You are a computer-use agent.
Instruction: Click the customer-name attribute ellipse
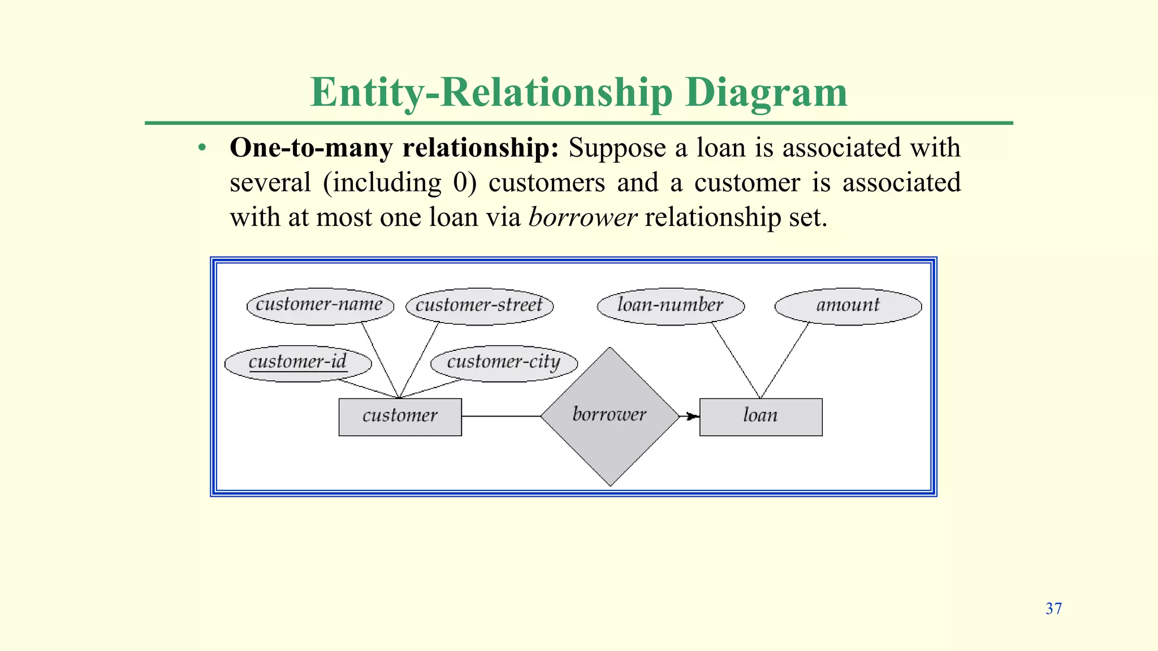pos(320,306)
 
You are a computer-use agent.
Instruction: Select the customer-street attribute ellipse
pos(479,306)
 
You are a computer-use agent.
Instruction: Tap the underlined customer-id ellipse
pos(298,363)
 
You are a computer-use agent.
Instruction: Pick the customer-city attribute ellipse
pos(504,363)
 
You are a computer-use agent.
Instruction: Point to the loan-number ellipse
pos(671,306)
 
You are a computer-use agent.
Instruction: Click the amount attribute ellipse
pos(848,306)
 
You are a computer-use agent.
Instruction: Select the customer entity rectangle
pos(400,416)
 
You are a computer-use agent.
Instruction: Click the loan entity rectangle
pos(761,416)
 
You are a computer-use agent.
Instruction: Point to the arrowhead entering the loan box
pos(692,416)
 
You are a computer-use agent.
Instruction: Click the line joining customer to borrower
pos(501,416)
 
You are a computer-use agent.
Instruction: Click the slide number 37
pos(1053,609)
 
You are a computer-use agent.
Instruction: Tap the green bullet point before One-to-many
pos(202,148)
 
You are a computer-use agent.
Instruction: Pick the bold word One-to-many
pos(312,148)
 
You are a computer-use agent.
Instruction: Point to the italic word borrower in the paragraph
pos(582,218)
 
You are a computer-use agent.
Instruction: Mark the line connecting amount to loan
pos(784,360)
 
